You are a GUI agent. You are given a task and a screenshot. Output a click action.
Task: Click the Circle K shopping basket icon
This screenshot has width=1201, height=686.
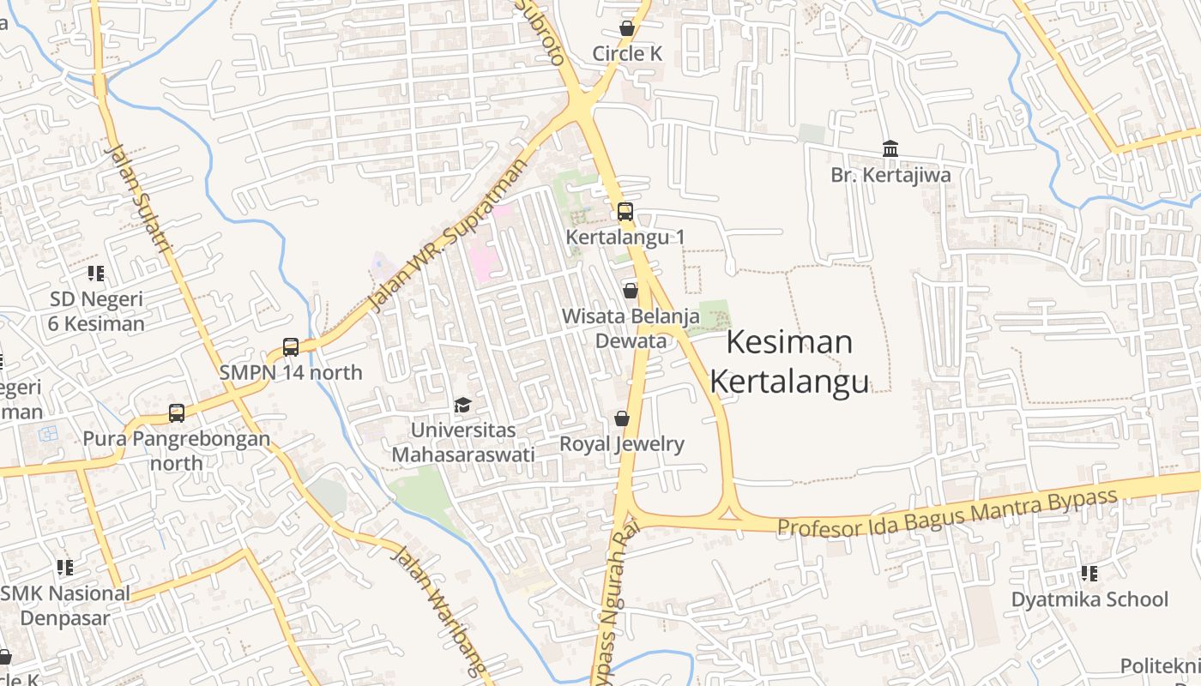coord(627,28)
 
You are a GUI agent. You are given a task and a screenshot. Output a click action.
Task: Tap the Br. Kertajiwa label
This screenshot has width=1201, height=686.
coord(890,175)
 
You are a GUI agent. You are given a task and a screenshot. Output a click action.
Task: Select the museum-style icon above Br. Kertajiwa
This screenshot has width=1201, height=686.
coord(890,149)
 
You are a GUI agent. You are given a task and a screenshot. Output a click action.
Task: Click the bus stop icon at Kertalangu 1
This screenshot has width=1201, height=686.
coord(625,212)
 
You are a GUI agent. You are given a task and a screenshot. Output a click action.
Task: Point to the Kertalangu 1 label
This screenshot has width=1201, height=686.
coord(625,237)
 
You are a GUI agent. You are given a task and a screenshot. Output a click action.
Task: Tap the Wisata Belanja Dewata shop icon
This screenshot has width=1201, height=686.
coord(631,291)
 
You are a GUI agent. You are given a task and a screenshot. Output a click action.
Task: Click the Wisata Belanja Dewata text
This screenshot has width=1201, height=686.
coord(631,328)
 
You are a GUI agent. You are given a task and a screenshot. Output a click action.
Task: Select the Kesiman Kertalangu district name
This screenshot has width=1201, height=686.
coord(789,361)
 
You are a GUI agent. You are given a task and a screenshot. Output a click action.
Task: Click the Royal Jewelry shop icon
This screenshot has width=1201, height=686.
coord(622,418)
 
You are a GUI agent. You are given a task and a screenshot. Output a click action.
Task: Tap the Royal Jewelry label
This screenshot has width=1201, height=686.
coord(622,443)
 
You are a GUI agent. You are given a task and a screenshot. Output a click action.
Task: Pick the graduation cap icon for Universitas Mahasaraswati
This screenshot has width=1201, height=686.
coord(463,404)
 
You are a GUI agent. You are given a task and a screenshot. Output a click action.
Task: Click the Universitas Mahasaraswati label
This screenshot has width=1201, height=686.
coord(463,442)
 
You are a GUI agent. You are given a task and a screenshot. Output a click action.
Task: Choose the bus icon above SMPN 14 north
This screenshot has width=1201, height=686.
coord(291,347)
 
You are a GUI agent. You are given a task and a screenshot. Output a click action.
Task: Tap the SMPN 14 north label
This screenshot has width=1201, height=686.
coord(291,372)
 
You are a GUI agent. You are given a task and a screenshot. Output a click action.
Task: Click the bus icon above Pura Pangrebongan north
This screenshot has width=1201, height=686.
coord(177,413)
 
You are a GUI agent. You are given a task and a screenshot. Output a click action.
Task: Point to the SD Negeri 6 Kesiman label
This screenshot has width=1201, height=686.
coord(96,311)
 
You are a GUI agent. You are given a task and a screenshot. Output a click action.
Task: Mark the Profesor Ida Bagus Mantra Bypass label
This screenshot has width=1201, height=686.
coord(947,512)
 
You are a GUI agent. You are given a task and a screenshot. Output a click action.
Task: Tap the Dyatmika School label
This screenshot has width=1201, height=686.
coord(1089,599)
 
